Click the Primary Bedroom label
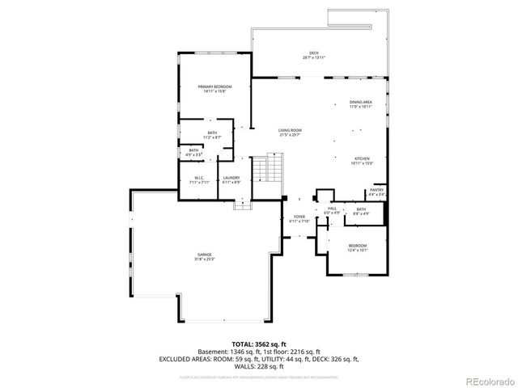[214, 86]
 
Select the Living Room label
[290, 130]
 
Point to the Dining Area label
[361, 102]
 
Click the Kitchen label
[361, 158]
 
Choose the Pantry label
[376, 190]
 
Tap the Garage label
[203, 255]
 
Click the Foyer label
[299, 217]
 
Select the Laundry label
[231, 178]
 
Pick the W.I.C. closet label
[199, 178]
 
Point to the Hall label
[332, 209]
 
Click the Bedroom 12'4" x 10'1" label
[358, 246]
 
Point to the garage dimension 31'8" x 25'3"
[203, 259]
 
